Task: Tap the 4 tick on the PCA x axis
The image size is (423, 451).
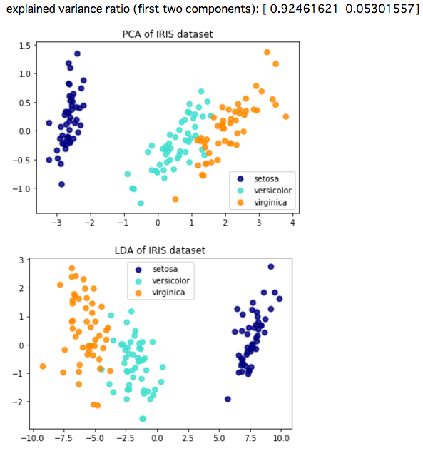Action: tap(292, 223)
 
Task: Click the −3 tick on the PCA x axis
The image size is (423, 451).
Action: tap(56, 223)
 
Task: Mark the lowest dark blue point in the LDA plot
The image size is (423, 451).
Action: tap(228, 399)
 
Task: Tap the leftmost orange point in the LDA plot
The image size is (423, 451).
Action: tap(43, 366)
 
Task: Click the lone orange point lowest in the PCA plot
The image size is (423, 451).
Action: tap(175, 199)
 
